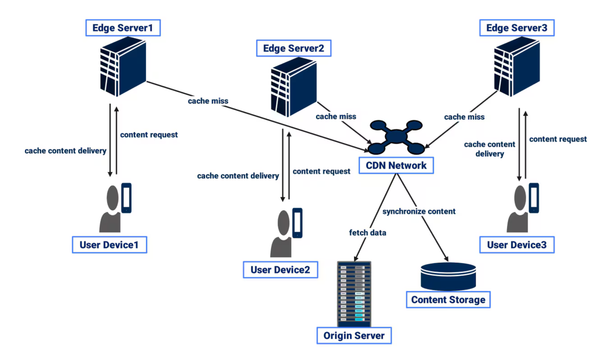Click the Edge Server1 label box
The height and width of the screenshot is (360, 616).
[123, 28]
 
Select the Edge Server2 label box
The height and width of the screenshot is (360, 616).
[293, 48]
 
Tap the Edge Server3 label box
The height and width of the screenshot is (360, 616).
[516, 28]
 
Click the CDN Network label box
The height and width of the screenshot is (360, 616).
[396, 165]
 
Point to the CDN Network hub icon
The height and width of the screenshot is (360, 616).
[396, 137]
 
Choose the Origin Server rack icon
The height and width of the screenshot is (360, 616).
[354, 293]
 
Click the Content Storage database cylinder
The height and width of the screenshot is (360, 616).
[448, 276]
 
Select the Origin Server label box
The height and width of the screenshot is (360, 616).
[354, 335]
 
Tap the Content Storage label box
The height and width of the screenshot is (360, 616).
[448, 299]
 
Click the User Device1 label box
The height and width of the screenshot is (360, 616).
[109, 245]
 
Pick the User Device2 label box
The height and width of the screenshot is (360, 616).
[280, 270]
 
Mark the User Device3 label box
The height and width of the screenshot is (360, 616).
[516, 245]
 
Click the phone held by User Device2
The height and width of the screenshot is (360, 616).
[297, 223]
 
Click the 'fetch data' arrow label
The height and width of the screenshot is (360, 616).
[367, 233]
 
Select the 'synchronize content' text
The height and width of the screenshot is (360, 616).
[419, 211]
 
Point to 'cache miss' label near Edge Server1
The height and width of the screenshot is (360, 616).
[208, 101]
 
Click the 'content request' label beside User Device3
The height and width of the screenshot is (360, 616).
[558, 139]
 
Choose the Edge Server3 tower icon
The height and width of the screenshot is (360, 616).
[517, 66]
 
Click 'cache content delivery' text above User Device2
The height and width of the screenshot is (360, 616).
[238, 176]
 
